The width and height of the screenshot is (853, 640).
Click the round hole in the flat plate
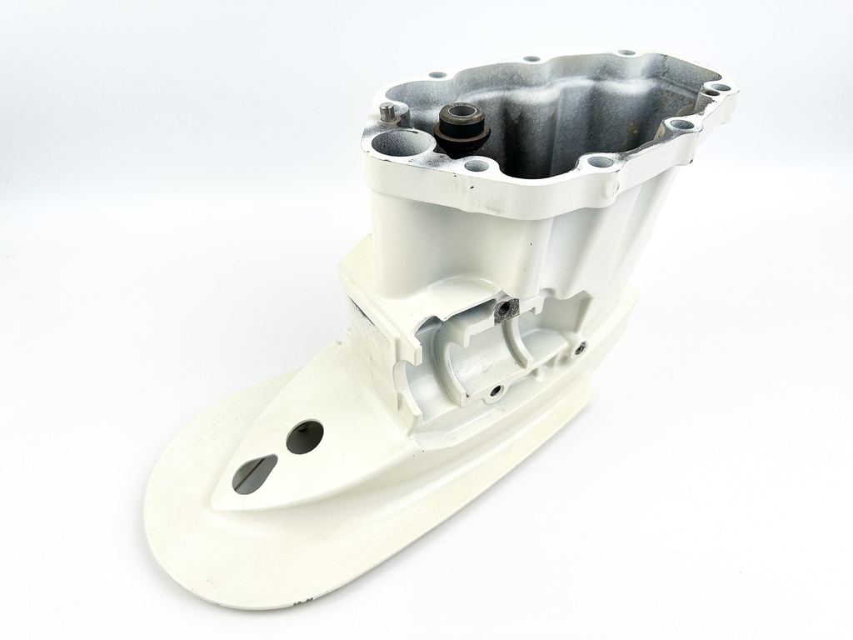(x=304, y=437)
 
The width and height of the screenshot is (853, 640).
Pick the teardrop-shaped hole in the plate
(x=254, y=473)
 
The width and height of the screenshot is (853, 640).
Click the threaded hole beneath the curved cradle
(x=496, y=390)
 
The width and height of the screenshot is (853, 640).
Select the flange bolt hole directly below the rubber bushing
(x=476, y=165)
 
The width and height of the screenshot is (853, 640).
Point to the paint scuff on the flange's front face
(x=491, y=200)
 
